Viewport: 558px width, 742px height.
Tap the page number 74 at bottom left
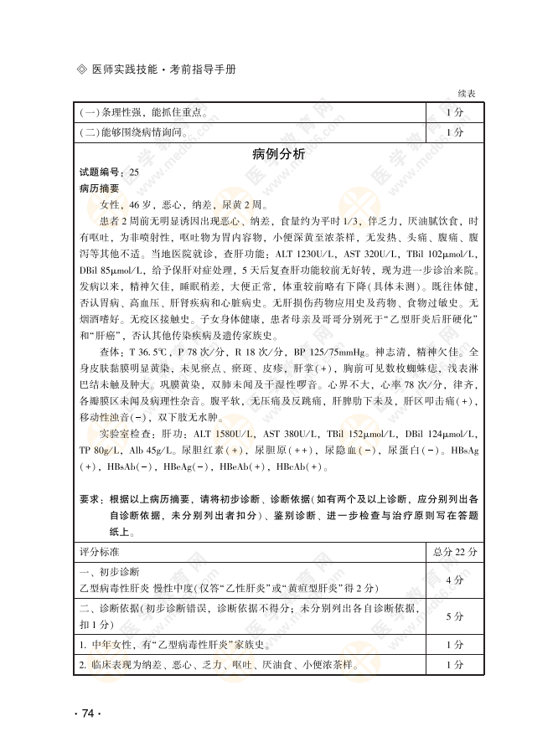coord(88,713)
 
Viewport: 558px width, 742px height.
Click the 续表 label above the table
coord(467,94)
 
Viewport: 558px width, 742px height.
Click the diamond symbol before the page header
coord(81,69)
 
